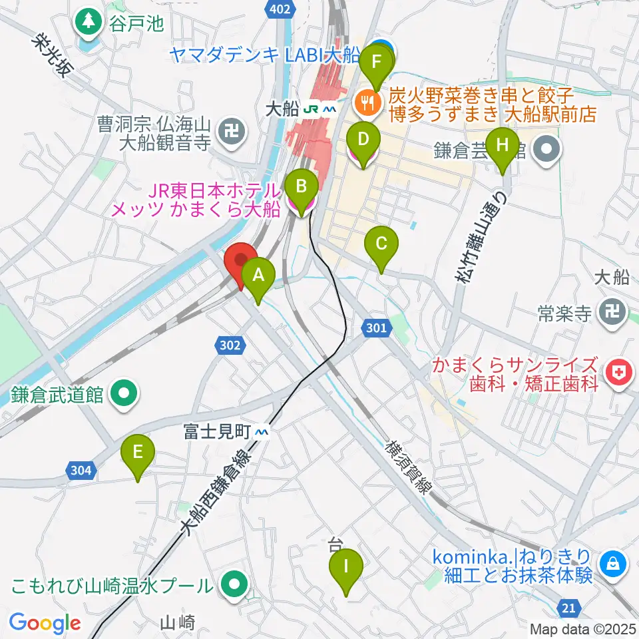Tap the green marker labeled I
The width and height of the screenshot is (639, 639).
pyautogui.click(x=346, y=568)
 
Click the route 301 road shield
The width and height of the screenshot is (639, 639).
pyautogui.click(x=376, y=327)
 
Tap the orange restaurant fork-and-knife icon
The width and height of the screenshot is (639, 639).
pyautogui.click(x=366, y=103)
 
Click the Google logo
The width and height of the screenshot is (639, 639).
pyautogui.click(x=45, y=623)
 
